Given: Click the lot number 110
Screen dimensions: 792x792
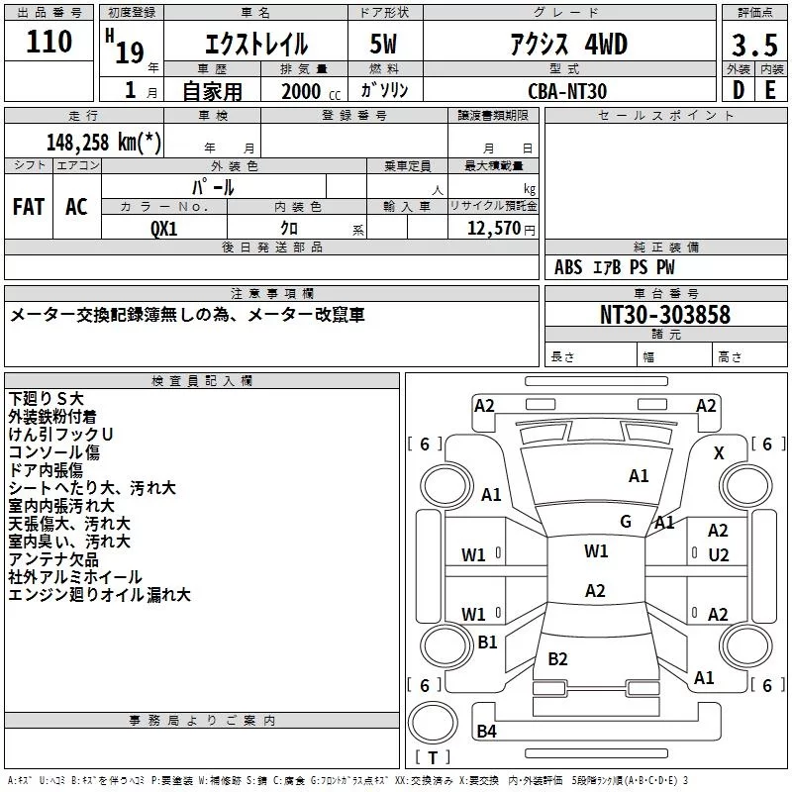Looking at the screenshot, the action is pyautogui.click(x=49, y=42).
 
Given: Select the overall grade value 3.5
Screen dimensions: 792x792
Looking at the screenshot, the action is pyautogui.click(x=754, y=46).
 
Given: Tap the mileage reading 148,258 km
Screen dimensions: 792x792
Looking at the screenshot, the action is pyautogui.click(x=104, y=143).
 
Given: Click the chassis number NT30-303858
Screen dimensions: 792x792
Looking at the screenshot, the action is pyautogui.click(x=665, y=314).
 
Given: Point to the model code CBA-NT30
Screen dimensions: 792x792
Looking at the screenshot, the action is pyautogui.click(x=567, y=91).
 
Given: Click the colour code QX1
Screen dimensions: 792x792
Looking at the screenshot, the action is pyautogui.click(x=164, y=229).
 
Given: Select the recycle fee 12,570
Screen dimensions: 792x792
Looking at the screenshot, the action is pyautogui.click(x=493, y=229).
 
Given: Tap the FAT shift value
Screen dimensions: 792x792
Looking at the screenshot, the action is pyautogui.click(x=29, y=207).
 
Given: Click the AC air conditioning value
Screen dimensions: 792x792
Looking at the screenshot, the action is pyautogui.click(x=76, y=207).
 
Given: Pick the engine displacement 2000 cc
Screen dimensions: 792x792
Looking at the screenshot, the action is pyautogui.click(x=311, y=91).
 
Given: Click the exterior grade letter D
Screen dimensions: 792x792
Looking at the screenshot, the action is pyautogui.click(x=739, y=90).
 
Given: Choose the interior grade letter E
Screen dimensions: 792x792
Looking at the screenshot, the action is pyautogui.click(x=770, y=90).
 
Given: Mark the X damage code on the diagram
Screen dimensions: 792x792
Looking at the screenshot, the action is pyautogui.click(x=719, y=453).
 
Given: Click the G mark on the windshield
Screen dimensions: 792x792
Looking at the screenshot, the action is pyautogui.click(x=626, y=522).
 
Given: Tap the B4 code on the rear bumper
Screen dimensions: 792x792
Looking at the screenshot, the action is pyautogui.click(x=486, y=731).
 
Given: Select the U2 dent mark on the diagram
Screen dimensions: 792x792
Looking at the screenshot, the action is pyautogui.click(x=719, y=555).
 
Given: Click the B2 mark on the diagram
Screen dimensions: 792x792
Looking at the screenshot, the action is pyautogui.click(x=557, y=658).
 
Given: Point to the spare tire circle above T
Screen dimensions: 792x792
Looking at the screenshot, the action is pyautogui.click(x=433, y=723).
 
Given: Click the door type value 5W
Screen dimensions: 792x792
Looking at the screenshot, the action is pyautogui.click(x=383, y=44).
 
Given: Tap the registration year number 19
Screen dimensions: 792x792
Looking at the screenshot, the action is pyautogui.click(x=130, y=52).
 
